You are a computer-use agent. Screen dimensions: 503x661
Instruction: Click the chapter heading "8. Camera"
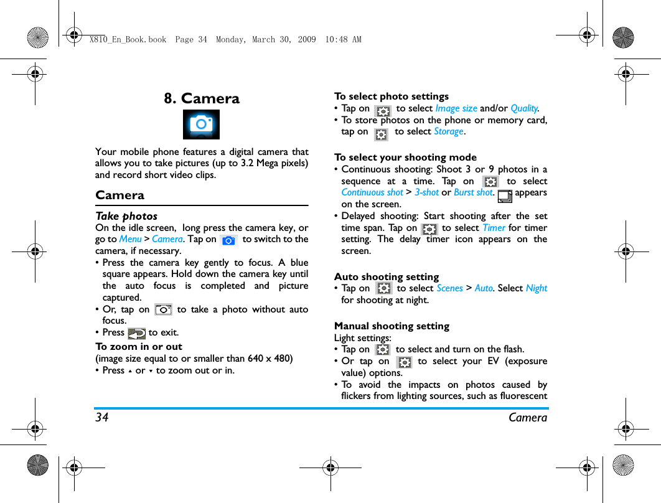(202, 98)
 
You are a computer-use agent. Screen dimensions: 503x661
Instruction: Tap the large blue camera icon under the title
(201, 125)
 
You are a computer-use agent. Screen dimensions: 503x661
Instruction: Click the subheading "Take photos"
(126, 216)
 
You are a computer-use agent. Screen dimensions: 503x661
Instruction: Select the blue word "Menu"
(130, 239)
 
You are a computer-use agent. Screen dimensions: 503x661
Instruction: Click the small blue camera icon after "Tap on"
(229, 240)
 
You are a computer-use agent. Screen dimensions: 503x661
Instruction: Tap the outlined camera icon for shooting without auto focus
(164, 309)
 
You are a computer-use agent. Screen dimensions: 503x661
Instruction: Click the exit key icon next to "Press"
(136, 333)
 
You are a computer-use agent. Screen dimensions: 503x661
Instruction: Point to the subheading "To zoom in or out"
(139, 347)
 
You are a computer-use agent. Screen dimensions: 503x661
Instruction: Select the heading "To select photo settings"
(391, 96)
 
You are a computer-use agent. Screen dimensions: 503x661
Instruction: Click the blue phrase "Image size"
(456, 108)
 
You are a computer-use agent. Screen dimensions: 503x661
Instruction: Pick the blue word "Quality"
(524, 108)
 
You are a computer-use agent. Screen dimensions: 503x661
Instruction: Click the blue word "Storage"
(448, 131)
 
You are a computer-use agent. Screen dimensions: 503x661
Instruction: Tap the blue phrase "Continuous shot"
(372, 192)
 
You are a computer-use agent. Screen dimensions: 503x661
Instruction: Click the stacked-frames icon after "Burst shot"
(505, 197)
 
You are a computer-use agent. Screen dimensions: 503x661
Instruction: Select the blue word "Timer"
(494, 228)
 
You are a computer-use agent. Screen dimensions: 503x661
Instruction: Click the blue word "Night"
(536, 288)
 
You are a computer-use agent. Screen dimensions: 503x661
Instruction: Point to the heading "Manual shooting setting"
(391, 326)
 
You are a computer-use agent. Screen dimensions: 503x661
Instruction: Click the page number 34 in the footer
(102, 418)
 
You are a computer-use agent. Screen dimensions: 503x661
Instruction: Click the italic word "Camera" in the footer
(528, 418)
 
